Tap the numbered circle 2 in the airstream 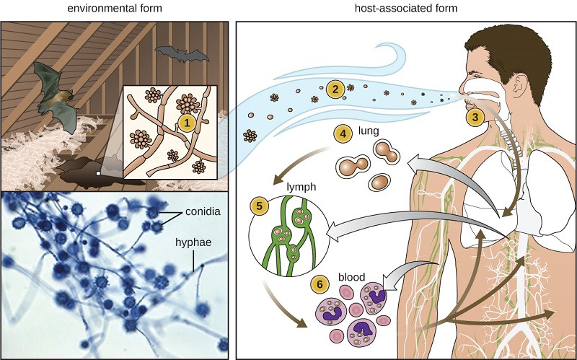(333, 89)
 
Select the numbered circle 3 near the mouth (475, 115)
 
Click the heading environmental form (115, 8)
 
